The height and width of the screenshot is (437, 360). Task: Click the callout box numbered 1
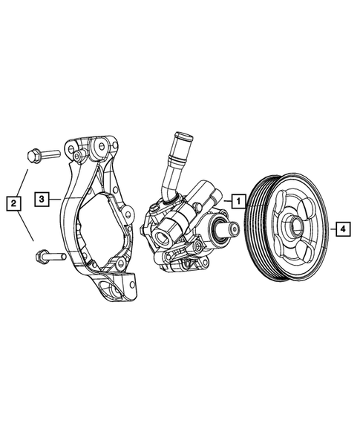[x=237, y=200]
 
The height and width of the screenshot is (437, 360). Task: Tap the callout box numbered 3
[x=44, y=199]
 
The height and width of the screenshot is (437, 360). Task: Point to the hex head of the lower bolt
[x=41, y=257]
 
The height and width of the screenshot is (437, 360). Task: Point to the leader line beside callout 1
[x=225, y=200]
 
